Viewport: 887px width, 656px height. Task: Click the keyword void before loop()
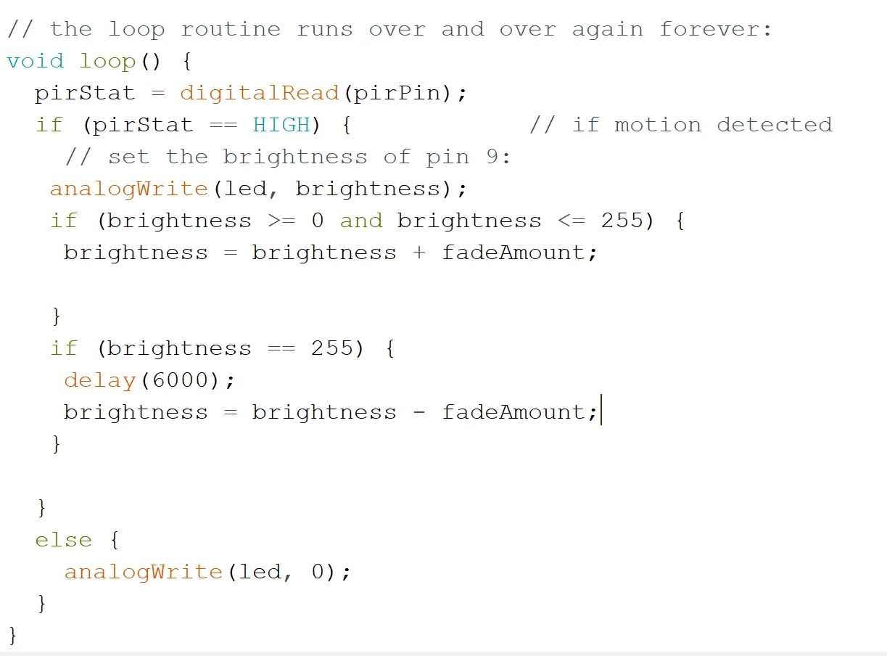(x=35, y=61)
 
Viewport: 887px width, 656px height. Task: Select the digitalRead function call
(x=259, y=93)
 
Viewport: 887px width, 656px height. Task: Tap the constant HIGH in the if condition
(x=281, y=125)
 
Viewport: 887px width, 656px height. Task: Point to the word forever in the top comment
(x=709, y=29)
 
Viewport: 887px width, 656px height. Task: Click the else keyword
(x=64, y=540)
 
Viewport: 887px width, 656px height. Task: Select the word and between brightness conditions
(x=360, y=221)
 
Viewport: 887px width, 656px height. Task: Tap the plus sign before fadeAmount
(x=419, y=253)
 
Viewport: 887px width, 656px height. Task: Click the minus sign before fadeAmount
(x=419, y=412)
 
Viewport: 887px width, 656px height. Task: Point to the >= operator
(x=281, y=221)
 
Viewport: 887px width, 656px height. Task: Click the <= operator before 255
(x=572, y=221)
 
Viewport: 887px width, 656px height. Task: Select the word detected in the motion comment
(x=774, y=125)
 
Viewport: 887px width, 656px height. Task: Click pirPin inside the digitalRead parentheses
(x=397, y=93)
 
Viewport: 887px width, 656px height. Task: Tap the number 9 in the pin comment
(x=492, y=157)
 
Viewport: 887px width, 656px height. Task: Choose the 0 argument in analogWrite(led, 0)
(x=318, y=572)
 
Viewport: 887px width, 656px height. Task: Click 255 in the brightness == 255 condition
(x=332, y=348)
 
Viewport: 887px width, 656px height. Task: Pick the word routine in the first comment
(x=230, y=29)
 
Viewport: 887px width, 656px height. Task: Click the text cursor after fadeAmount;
(x=602, y=412)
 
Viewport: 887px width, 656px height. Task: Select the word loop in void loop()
(x=107, y=61)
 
